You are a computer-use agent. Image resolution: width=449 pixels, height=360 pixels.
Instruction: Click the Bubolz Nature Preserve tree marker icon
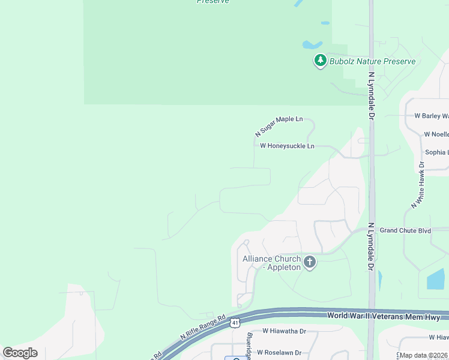(321, 61)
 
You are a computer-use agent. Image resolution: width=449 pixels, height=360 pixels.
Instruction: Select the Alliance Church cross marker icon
(310, 262)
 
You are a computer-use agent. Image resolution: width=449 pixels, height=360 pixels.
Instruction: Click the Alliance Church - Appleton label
(271, 263)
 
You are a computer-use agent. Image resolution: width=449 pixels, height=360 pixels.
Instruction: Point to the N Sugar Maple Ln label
(279, 125)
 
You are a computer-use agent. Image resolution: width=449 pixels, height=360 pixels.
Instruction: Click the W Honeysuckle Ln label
(287, 146)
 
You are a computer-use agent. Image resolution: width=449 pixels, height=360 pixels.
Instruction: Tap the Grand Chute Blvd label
(406, 230)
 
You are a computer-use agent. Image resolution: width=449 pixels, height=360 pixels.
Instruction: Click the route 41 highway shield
(234, 323)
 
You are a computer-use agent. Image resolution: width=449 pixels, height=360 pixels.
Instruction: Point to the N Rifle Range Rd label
(203, 328)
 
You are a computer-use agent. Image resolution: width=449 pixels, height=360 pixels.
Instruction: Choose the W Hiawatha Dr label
(284, 331)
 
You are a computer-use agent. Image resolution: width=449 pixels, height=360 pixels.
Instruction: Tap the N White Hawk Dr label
(418, 185)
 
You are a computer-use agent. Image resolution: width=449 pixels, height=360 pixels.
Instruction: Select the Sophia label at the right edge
(436, 152)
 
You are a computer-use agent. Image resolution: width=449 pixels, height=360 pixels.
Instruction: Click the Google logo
(20, 353)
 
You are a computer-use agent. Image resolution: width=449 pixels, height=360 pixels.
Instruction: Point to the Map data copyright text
(424, 355)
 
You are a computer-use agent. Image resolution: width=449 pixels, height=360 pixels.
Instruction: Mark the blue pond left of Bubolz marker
(311, 44)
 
